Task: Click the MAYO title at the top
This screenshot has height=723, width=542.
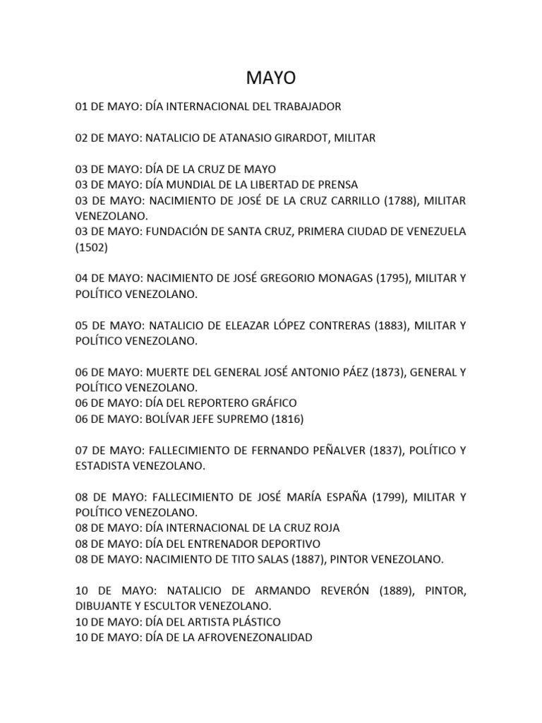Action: click(x=271, y=77)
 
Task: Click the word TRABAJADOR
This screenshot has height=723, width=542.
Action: click(x=304, y=107)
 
